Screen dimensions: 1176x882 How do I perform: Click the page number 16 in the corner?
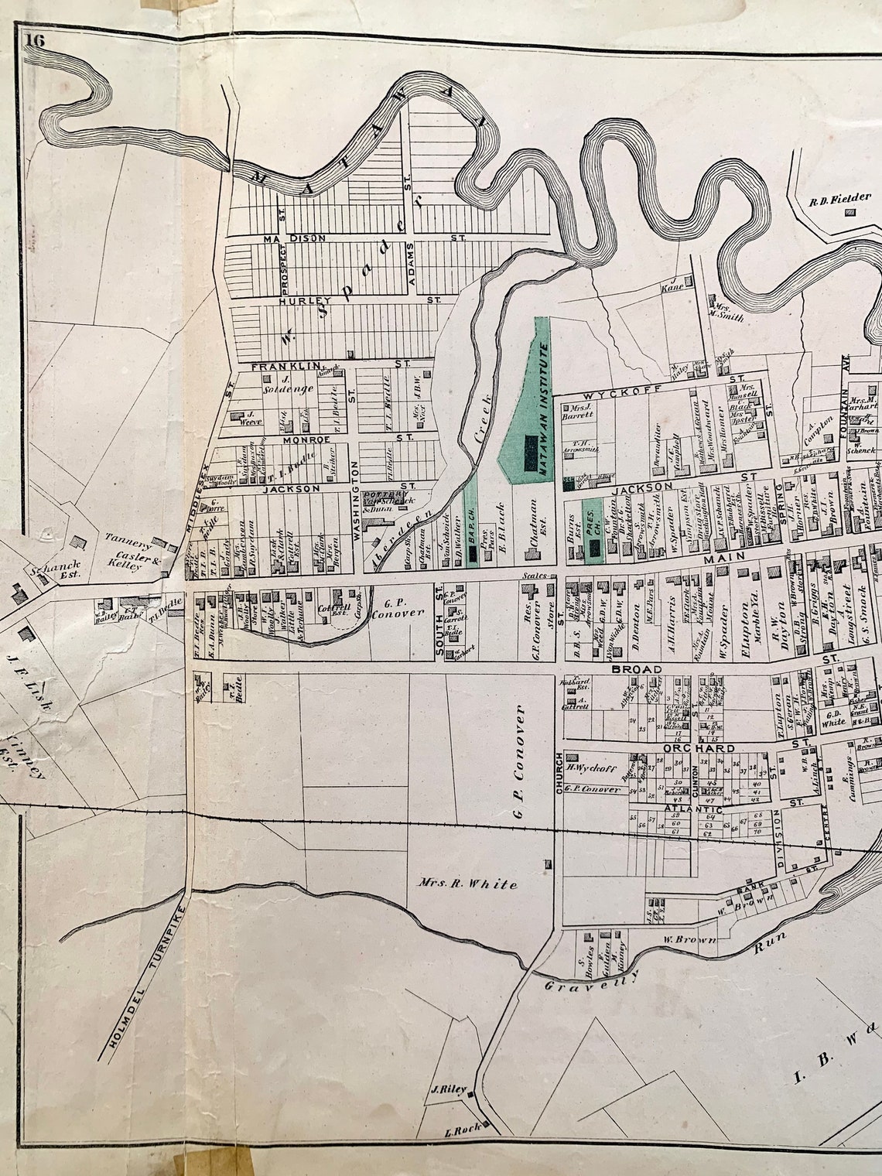click(x=36, y=42)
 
